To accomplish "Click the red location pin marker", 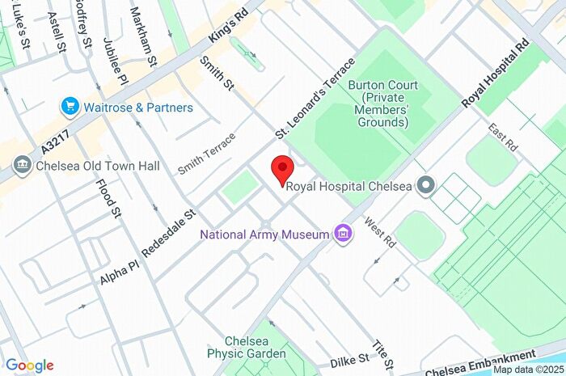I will [x=281, y=171].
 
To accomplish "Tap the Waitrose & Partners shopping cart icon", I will [x=70, y=107].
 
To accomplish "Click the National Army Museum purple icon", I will [x=344, y=234].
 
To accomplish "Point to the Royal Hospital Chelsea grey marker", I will [x=425, y=186].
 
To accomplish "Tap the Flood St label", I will [x=115, y=200].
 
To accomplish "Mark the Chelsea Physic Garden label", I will [x=246, y=347].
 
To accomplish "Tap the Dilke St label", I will [x=349, y=358].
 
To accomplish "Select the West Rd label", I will [x=378, y=232].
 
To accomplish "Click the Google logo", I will [x=29, y=365].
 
